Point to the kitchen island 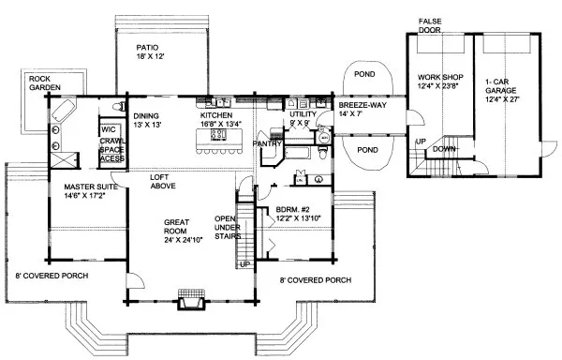click(217, 140)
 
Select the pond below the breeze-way click(366, 149)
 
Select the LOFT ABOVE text click(167, 181)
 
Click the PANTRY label click(267, 144)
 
